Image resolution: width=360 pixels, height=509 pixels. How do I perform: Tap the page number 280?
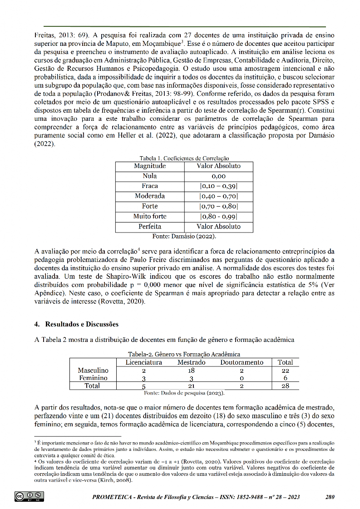(330, 497)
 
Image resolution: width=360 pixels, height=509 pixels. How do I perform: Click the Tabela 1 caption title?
(184, 158)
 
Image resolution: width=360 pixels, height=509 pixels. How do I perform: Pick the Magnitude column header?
(150, 166)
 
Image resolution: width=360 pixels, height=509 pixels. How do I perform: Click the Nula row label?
(150, 176)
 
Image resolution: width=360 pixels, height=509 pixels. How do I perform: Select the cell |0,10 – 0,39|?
(219, 186)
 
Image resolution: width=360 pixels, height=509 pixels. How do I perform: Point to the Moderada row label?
(150, 196)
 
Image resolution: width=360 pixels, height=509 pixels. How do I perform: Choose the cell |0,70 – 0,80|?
(219, 206)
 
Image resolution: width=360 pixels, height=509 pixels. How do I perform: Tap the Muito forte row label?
(150, 216)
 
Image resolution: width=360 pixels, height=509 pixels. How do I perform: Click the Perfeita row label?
(150, 226)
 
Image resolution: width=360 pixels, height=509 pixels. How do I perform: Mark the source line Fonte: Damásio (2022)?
(184, 236)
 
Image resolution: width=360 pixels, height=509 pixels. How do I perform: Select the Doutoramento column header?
(242, 362)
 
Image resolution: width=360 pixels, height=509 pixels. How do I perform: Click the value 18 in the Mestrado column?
(191, 371)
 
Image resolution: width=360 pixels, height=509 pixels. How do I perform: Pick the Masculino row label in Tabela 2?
(93, 371)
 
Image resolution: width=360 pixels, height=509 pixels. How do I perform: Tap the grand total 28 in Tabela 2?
(285, 386)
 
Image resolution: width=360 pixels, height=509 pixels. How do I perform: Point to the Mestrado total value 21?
(191, 386)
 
